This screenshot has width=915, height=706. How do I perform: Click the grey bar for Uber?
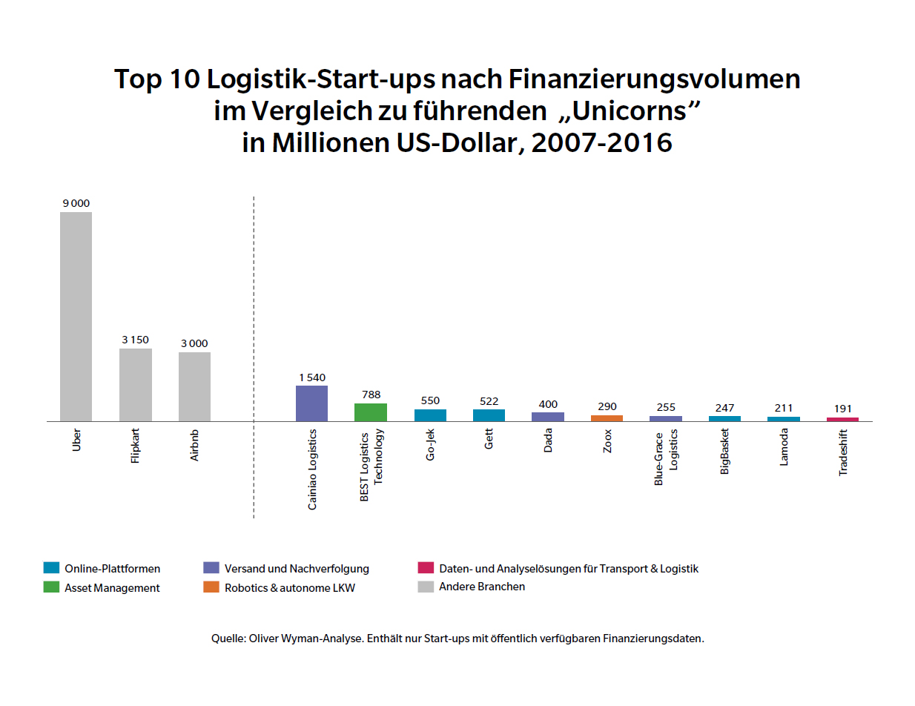[76, 317]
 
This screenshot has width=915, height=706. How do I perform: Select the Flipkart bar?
[135, 385]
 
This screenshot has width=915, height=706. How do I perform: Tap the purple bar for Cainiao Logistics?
[311, 403]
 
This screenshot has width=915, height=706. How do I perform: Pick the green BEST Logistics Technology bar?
[370, 412]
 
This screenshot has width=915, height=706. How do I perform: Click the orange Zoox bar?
[607, 418]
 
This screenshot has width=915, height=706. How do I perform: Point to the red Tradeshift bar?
[842, 419]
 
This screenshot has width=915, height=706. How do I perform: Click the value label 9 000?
[76, 203]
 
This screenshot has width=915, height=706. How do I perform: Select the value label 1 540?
[312, 377]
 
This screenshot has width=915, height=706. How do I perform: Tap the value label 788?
[371, 395]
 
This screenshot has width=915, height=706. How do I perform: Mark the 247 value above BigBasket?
[724, 408]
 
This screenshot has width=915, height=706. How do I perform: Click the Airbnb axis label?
[194, 446]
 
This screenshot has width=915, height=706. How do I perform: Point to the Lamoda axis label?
[784, 448]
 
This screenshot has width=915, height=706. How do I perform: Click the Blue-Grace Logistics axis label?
[666, 458]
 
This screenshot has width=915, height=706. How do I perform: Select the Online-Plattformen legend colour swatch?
[51, 569]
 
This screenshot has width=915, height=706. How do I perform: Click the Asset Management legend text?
[112, 587]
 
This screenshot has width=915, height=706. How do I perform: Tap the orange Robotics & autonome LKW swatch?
[211, 587]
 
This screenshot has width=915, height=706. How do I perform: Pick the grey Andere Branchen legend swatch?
[425, 587]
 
